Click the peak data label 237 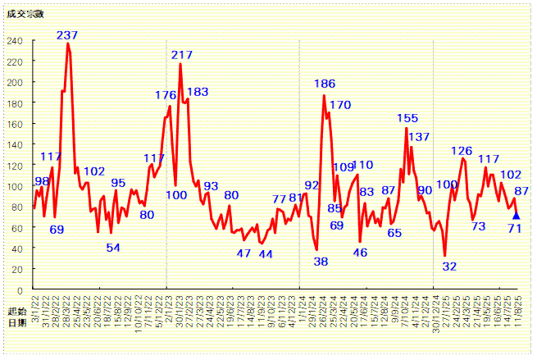tap(67, 35)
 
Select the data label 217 tap(182, 55)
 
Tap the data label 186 tap(325, 84)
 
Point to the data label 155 tap(407, 118)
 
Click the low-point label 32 tap(449, 267)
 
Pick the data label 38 tap(321, 262)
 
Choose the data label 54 tap(113, 248)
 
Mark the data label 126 tap(462, 151)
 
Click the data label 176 tap(166, 95)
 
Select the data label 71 tap(515, 228)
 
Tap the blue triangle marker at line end tap(516, 216)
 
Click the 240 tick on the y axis tap(16, 40)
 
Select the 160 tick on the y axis tap(16, 124)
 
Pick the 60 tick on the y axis tap(19, 228)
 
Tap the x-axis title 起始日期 tap(16, 317)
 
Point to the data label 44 tap(266, 254)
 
